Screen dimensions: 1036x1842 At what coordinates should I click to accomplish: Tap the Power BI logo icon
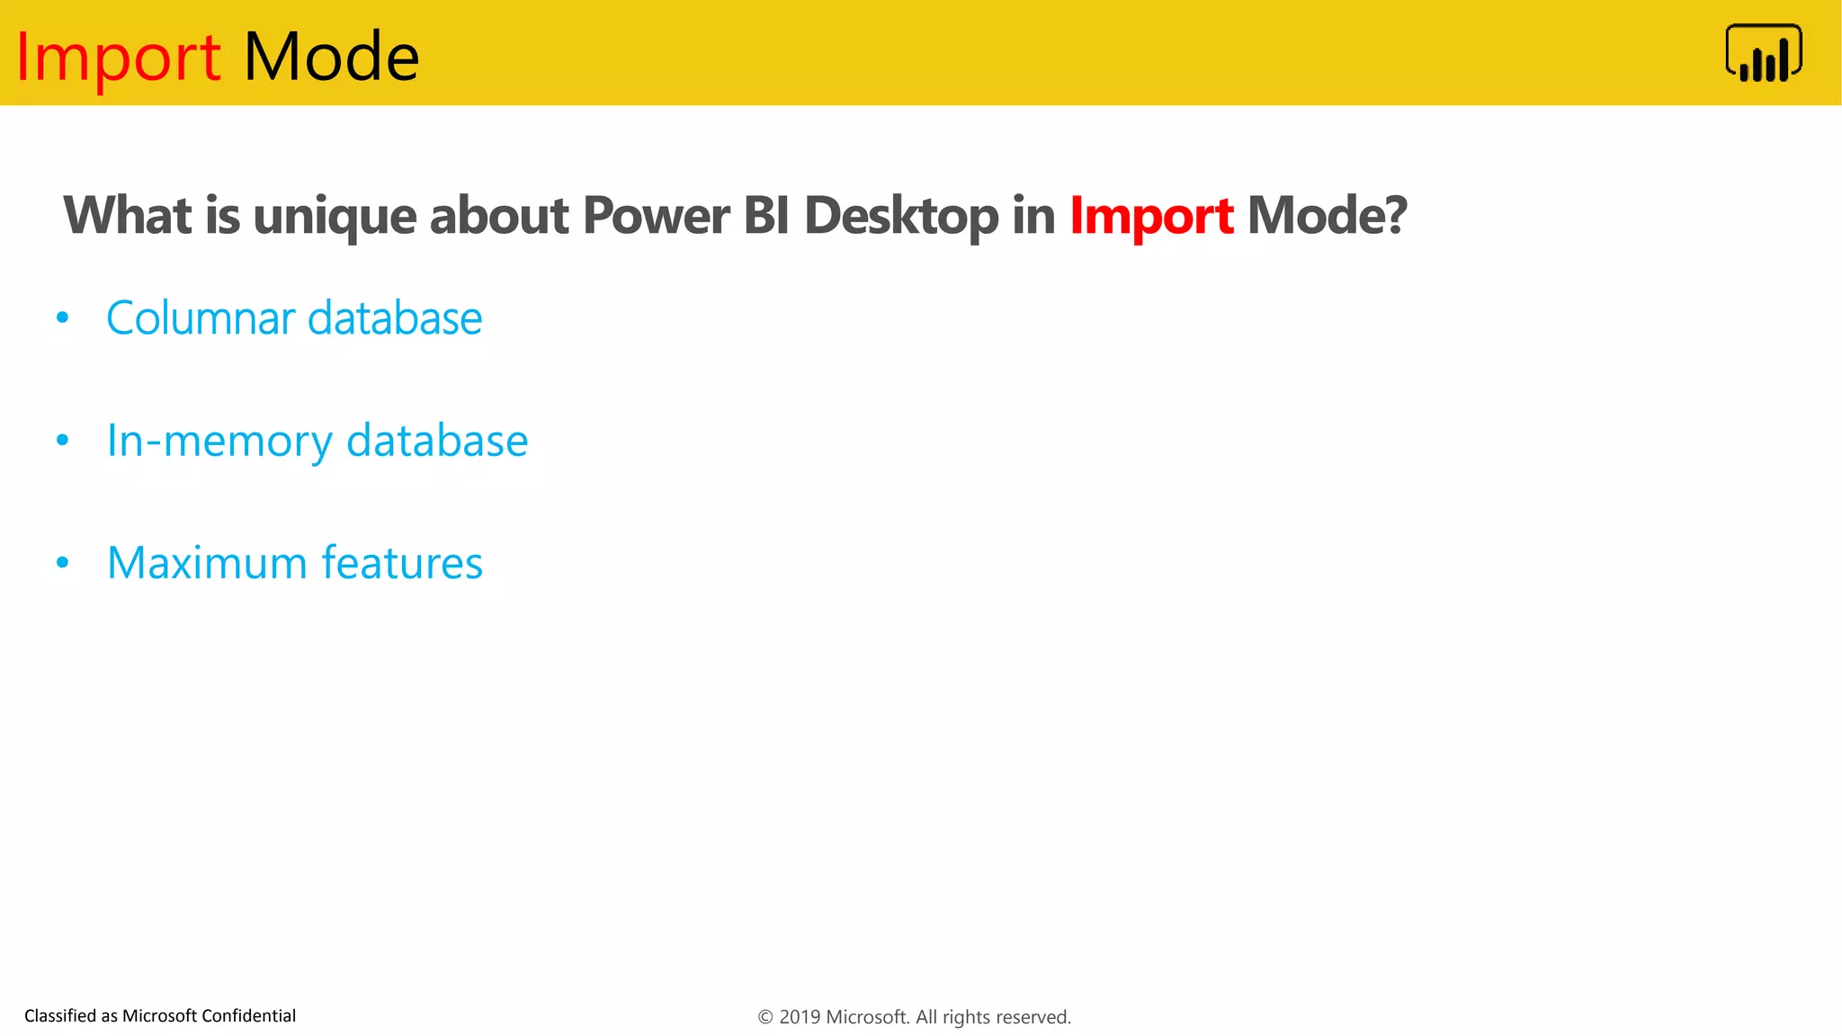point(1763,54)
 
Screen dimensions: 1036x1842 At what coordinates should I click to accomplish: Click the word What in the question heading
point(127,216)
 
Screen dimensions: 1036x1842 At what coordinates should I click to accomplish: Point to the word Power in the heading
point(656,216)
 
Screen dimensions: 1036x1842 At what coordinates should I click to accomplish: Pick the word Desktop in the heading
point(900,216)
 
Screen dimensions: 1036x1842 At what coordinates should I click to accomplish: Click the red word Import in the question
point(1151,216)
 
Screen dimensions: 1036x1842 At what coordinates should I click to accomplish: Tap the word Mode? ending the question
point(1327,216)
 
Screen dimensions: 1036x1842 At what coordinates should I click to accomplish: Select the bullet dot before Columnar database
point(62,317)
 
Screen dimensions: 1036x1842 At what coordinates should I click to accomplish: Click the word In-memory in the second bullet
point(219,441)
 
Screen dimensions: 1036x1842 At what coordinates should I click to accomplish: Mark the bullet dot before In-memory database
point(62,440)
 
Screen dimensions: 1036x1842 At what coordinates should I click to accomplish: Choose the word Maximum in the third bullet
point(207,563)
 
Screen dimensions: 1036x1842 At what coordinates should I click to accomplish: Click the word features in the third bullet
point(402,563)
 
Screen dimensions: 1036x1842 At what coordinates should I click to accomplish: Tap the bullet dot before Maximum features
point(62,562)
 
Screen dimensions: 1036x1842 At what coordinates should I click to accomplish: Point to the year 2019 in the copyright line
point(799,1017)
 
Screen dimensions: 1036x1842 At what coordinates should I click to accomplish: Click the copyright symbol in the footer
point(765,1017)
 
